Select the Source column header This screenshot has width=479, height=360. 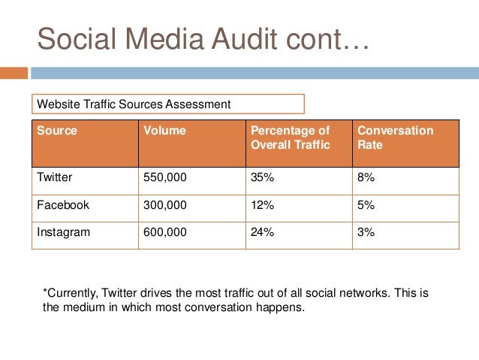57,131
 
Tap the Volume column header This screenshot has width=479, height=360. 164,131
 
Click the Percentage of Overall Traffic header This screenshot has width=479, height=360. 290,138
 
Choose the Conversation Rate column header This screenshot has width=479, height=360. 395,138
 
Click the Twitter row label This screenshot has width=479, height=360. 56,178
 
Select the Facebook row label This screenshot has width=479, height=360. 63,205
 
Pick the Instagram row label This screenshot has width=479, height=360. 63,232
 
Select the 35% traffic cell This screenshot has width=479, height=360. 262,178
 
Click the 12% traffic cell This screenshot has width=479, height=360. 262,205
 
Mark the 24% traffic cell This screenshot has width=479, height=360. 262,232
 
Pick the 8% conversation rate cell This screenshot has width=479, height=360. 366,178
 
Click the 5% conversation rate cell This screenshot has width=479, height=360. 366,205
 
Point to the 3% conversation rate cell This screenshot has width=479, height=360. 366,232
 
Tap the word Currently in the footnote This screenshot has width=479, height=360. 72,292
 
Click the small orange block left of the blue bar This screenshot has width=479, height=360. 14,73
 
